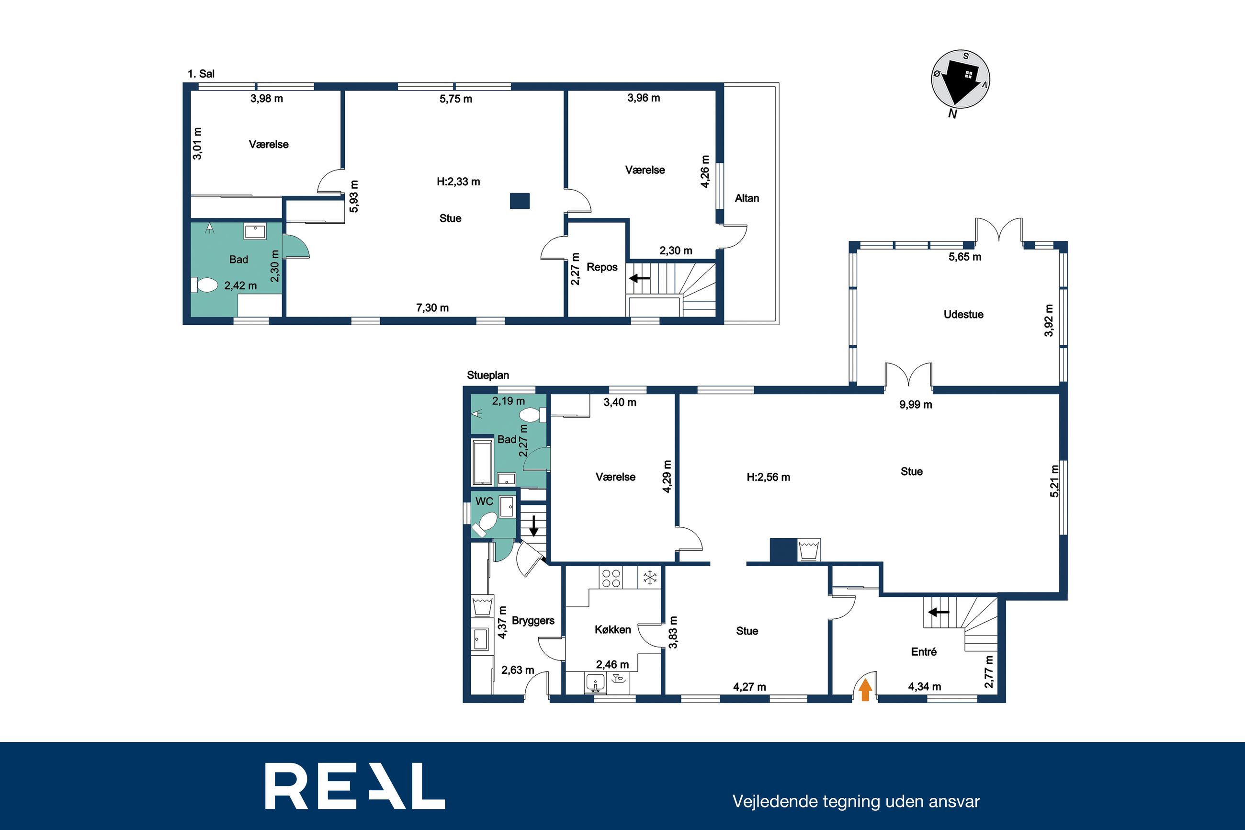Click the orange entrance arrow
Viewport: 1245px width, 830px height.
(x=865, y=690)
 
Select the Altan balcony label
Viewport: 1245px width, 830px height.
(x=747, y=198)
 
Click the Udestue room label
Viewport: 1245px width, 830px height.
(x=963, y=315)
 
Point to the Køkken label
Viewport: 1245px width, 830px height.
(x=613, y=629)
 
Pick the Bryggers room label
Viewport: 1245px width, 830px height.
(x=533, y=620)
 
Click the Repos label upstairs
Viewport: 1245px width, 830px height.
(x=602, y=267)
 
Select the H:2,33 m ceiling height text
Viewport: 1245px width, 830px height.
(x=458, y=182)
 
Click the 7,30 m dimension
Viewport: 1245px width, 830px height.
(x=432, y=307)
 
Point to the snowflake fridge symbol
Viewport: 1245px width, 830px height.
(x=649, y=577)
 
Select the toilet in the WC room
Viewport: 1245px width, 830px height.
(x=486, y=523)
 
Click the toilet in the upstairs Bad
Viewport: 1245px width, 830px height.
(x=204, y=285)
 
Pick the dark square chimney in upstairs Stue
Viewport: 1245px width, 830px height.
(x=520, y=201)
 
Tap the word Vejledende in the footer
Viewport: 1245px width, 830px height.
(x=776, y=801)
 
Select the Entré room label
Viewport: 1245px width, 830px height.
(x=924, y=652)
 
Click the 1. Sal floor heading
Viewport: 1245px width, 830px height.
(x=201, y=74)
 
